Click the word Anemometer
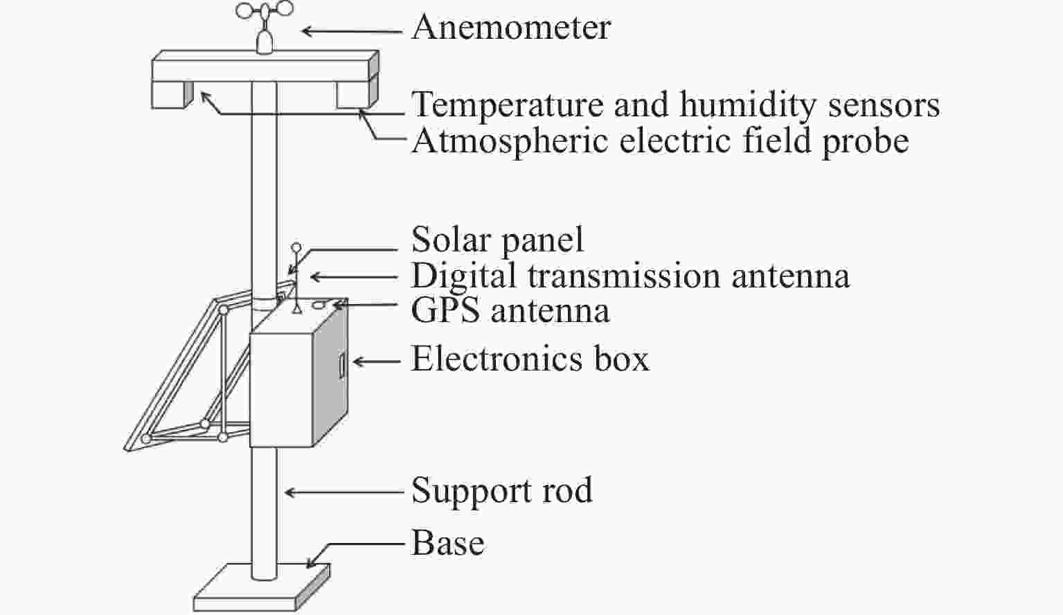click(511, 28)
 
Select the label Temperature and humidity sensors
click(675, 105)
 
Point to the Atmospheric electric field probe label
click(659, 141)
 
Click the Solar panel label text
click(497, 240)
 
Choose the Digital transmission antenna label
click(629, 276)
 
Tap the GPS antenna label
click(510, 310)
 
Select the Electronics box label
click(530, 359)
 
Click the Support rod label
click(501, 491)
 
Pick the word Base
click(447, 542)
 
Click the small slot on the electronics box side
click(341, 365)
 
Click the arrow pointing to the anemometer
click(351, 31)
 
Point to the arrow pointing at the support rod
click(343, 492)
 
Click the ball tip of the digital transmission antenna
click(296, 247)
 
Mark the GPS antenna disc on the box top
click(319, 304)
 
